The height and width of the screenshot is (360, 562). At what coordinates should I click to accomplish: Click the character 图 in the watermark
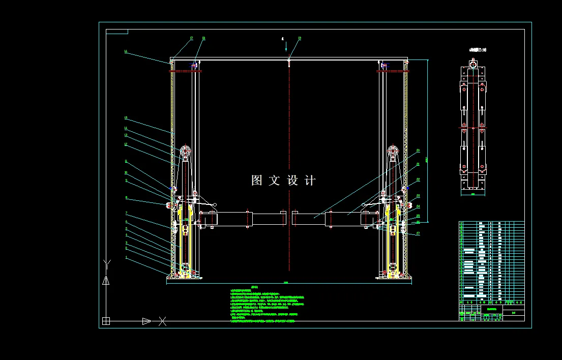click(x=257, y=181)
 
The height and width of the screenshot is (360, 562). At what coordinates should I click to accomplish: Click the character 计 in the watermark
click(x=310, y=181)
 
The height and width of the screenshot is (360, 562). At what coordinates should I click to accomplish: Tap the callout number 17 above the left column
click(x=192, y=38)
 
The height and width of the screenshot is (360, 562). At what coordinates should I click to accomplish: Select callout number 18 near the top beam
click(x=203, y=38)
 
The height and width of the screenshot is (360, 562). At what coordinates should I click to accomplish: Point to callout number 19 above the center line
click(x=300, y=38)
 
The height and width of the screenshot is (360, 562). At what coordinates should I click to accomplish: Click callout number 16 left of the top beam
click(x=125, y=51)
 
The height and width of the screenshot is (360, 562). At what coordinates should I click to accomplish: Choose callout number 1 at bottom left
click(x=126, y=257)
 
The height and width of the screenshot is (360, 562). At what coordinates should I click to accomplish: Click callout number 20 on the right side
click(x=418, y=150)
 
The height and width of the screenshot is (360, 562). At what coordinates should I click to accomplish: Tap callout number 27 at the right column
click(x=418, y=233)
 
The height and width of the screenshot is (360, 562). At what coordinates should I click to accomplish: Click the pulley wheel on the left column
click(x=185, y=151)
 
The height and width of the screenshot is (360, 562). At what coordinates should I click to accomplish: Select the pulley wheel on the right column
click(x=393, y=151)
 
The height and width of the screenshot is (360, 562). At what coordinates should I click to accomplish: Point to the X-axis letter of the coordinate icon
click(x=162, y=321)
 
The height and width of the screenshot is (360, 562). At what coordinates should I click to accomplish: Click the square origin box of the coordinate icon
click(x=106, y=321)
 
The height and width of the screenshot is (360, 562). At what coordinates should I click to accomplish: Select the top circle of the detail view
click(x=474, y=65)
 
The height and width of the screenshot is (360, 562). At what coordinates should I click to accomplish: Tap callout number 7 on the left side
click(x=126, y=213)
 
